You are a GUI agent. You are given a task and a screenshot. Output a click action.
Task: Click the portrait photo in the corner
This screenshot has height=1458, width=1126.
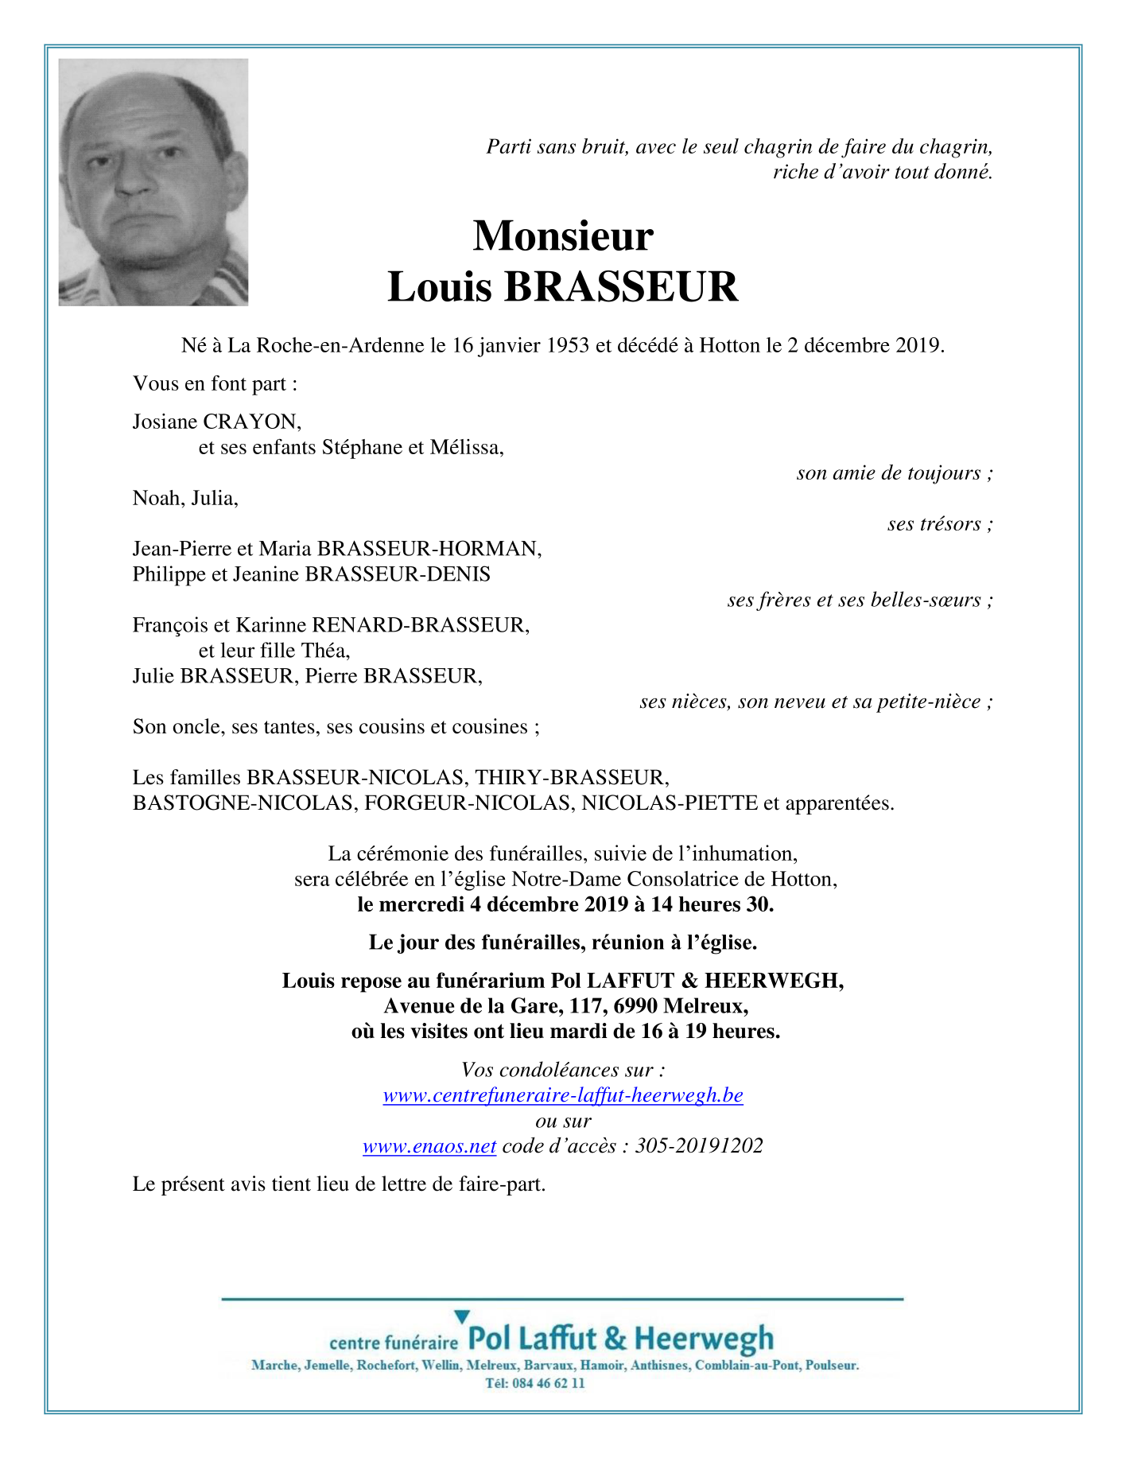pos(153,182)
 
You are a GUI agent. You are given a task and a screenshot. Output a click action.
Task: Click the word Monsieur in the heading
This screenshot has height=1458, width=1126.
pos(563,236)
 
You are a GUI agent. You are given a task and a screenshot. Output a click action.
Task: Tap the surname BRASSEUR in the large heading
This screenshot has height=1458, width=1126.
pos(621,287)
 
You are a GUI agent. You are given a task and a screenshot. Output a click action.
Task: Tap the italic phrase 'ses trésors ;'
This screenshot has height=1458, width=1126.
pos(940,523)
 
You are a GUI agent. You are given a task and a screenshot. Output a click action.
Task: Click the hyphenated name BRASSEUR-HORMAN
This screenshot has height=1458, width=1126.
pos(429,549)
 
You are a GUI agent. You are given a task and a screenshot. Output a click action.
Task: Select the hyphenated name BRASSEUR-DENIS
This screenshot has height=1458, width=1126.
pos(398,574)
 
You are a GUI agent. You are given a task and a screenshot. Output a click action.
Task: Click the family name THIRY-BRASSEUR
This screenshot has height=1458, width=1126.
pos(572,777)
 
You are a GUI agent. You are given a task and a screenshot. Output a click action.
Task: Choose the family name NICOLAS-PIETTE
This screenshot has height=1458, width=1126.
pos(670,803)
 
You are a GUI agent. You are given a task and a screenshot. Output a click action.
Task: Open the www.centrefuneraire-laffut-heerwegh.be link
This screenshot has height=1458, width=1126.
pos(563,1095)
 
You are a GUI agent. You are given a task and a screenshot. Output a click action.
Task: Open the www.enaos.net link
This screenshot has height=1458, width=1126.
pos(429,1146)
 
